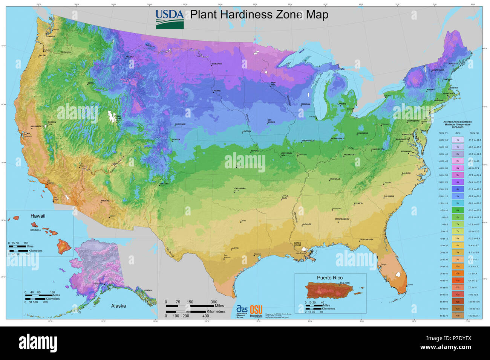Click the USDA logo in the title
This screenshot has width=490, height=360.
170,19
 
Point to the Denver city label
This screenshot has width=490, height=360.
176,139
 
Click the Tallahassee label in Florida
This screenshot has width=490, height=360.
366,239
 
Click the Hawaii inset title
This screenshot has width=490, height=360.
38,216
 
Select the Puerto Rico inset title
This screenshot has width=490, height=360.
330,278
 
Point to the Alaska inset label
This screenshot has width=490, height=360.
118,306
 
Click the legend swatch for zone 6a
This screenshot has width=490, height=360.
458,210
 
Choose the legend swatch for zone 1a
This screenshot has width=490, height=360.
458,140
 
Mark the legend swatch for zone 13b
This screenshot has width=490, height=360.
458,316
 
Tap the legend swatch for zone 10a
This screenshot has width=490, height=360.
458,266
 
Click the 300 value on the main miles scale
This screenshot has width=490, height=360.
214,302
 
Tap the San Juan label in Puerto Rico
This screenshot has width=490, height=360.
345,283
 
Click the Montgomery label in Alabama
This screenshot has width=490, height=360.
342,219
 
